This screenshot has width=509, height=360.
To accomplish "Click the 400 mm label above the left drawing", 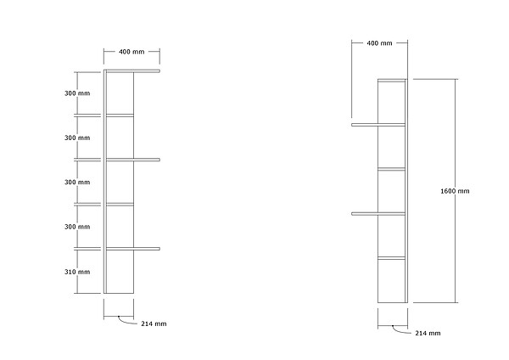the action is (x=131, y=52).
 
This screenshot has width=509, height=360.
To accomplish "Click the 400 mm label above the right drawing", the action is (x=379, y=43).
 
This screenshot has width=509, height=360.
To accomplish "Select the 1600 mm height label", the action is (x=455, y=191).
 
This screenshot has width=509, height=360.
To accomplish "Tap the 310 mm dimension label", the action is (x=77, y=272).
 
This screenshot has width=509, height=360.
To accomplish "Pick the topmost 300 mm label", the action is (x=77, y=93).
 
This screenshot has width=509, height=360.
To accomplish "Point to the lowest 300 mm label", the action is (x=77, y=227).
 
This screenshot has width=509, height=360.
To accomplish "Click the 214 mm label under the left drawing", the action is (x=154, y=323).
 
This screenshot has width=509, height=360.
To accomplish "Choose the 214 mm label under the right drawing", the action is (x=428, y=333).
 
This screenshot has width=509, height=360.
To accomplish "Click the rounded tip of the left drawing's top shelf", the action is (x=159, y=70).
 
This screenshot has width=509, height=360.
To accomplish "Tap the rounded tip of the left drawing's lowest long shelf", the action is (x=159, y=249).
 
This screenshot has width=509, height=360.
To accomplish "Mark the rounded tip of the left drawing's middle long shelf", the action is (x=159, y=160).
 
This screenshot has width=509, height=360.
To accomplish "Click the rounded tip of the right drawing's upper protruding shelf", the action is (x=353, y=125).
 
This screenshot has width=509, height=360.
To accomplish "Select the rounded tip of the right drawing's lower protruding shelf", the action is (x=353, y=214).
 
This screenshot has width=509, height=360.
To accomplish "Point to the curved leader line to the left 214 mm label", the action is (x=126, y=322).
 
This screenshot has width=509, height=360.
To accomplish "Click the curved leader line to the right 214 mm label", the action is (x=400, y=331).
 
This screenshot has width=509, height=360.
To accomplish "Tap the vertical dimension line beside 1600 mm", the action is (x=455, y=191).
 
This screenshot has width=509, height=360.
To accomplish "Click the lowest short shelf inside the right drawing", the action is (x=391, y=258).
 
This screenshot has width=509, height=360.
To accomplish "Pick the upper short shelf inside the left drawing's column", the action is (x=120, y=115).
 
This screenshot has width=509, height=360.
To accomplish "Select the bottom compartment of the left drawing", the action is (x=120, y=272).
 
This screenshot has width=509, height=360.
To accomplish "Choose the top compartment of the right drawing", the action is (x=391, y=103).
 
